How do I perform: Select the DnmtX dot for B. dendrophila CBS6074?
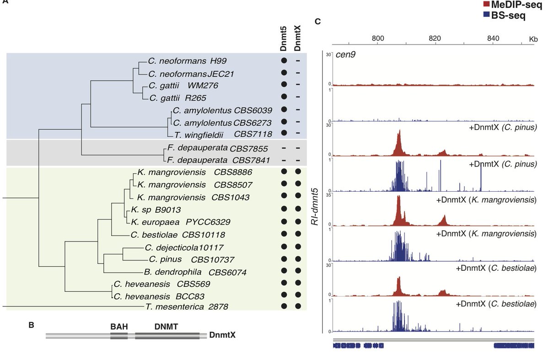pyautogui.click(x=298, y=272)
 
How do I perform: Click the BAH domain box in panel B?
pyautogui.click(x=119, y=336)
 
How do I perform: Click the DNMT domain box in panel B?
pyautogui.click(x=167, y=336)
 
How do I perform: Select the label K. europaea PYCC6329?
pyautogui.click(x=180, y=222)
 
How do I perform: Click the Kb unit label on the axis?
pyautogui.click(x=533, y=38)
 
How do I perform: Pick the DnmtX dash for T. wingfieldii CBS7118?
pyautogui.click(x=298, y=134)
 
